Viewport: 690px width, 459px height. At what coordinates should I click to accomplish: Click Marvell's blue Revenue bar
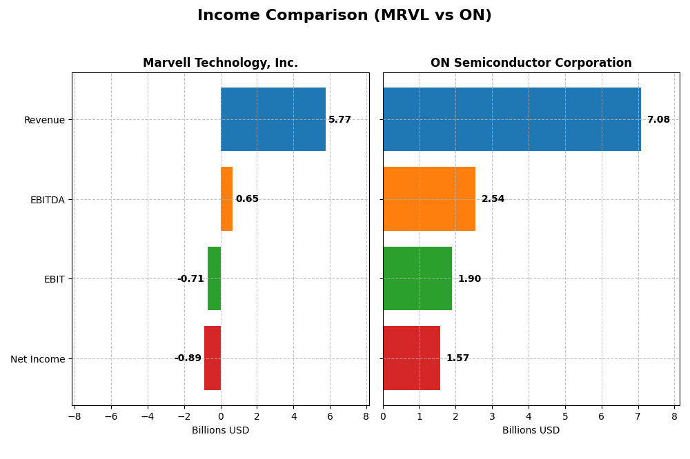[273, 119]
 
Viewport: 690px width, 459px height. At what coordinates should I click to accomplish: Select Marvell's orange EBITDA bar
[226, 198]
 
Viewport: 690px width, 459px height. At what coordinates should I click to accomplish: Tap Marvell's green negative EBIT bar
[214, 278]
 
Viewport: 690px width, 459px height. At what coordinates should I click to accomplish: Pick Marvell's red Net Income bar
[213, 358]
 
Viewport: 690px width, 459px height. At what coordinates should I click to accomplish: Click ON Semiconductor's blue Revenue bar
[511, 119]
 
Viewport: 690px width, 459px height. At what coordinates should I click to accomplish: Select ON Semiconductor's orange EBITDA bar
[428, 198]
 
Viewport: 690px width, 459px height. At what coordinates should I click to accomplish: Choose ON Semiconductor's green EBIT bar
[417, 278]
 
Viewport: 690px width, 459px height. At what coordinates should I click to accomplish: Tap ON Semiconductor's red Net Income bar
[411, 358]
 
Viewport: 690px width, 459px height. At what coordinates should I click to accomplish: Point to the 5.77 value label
[339, 120]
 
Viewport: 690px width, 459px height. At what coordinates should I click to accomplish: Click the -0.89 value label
[188, 358]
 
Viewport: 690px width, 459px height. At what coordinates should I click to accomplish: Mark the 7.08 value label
[658, 120]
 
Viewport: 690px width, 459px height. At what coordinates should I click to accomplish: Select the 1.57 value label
[457, 358]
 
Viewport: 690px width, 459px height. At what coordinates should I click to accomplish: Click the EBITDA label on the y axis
[47, 200]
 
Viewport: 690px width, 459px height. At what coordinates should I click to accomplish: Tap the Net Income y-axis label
[37, 359]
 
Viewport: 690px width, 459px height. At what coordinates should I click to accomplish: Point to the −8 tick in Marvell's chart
[75, 416]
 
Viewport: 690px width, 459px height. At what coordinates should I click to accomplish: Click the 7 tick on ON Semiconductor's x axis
[638, 416]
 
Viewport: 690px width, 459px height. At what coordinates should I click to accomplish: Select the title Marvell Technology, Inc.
[220, 63]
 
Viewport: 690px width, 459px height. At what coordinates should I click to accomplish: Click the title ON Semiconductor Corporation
[531, 63]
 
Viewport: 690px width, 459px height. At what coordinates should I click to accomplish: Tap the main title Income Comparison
[344, 15]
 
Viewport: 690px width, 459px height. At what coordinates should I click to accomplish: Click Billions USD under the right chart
[531, 431]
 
